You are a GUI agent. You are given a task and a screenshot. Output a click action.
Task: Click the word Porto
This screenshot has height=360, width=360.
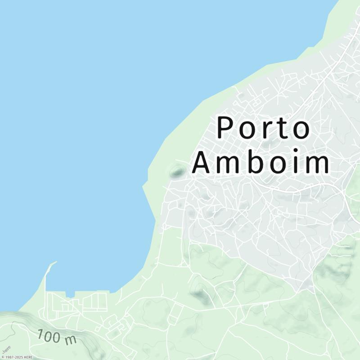[x=264, y=128]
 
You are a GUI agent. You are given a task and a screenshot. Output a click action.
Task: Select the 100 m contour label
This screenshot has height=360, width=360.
[x=57, y=337]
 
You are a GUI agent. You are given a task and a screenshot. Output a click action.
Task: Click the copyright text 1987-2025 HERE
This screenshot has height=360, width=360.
[x=18, y=357]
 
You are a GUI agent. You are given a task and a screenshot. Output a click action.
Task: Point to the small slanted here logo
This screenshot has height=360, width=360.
[x=6, y=349]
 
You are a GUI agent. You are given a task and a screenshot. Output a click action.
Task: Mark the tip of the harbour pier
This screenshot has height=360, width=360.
[x=56, y=262]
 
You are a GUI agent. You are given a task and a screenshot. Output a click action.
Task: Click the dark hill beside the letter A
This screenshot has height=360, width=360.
[x=177, y=171]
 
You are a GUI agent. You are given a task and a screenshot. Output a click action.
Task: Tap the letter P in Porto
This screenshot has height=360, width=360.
[x=225, y=128]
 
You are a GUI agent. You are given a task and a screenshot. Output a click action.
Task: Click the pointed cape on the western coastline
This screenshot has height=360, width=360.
[x=143, y=185]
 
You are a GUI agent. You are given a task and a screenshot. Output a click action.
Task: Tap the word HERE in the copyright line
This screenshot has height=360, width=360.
[x=29, y=357]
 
